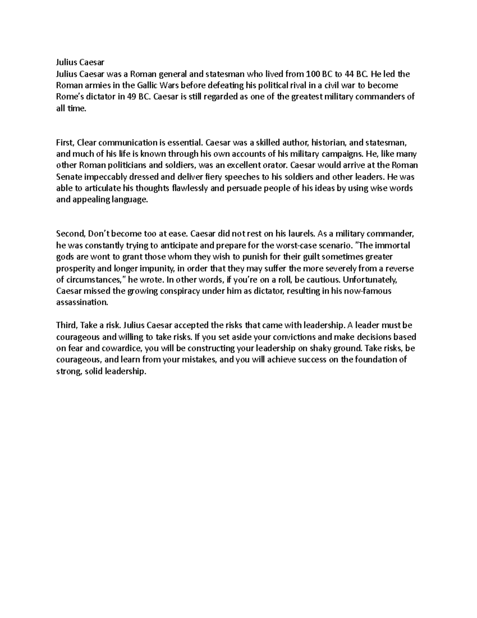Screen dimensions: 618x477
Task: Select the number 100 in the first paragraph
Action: pyautogui.click(x=312, y=74)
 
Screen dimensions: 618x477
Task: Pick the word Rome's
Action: pyautogui.click(x=68, y=97)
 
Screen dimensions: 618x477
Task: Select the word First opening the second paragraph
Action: pyautogui.click(x=65, y=142)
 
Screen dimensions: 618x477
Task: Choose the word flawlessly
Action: pyautogui.click(x=188, y=188)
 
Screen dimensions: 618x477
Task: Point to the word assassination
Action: pyautogui.click(x=82, y=302)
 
